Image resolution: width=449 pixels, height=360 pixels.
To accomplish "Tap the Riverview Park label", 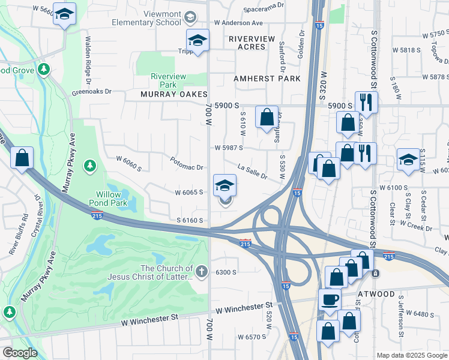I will (168, 80).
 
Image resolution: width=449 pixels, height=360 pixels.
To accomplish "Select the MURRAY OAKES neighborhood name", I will (173, 95).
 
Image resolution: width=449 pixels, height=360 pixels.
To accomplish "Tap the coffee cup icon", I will (329, 299).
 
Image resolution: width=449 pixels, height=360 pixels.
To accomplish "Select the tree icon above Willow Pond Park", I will (89, 164).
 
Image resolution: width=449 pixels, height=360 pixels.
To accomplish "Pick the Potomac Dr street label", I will (187, 164).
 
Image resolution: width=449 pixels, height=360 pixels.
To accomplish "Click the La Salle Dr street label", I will (252, 170).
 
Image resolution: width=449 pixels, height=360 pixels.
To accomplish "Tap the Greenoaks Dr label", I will (92, 92).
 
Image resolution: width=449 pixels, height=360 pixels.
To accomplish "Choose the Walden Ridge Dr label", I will (88, 58).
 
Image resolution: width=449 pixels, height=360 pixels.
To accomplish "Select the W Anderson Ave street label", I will (239, 23).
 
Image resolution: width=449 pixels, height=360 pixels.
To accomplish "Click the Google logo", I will (19, 353).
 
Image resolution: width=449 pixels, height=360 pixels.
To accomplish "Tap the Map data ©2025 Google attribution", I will (412, 355).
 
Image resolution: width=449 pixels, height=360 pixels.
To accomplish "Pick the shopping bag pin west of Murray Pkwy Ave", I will (22, 158).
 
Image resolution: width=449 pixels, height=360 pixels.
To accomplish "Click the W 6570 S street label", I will (252, 337).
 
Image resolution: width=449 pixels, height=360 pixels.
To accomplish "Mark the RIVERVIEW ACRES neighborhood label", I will (252, 42).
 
